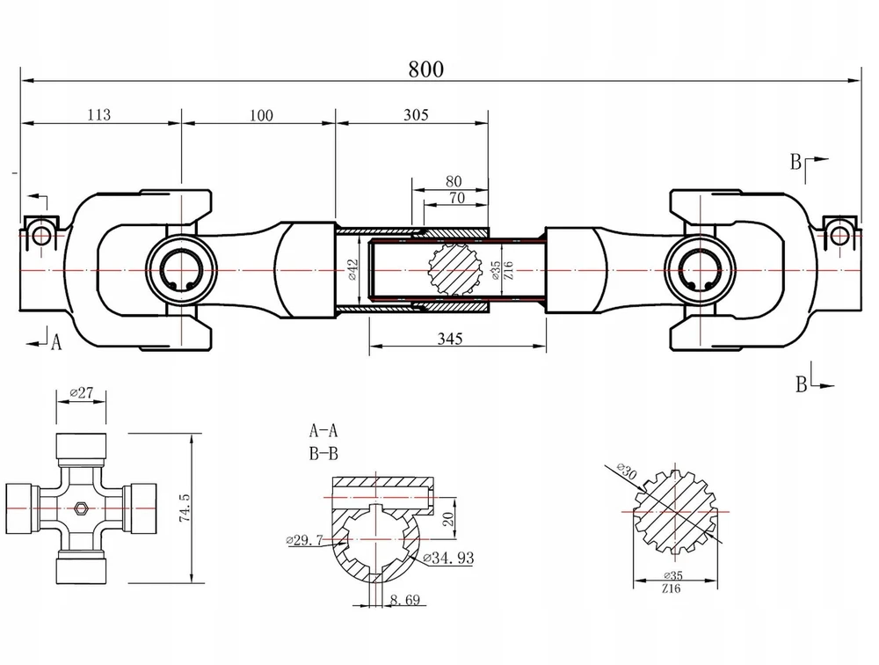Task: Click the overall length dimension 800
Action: click(425, 69)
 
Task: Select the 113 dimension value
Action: click(99, 114)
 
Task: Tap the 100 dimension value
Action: click(261, 115)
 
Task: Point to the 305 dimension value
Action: click(416, 114)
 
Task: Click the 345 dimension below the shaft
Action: click(449, 339)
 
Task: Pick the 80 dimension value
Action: click(454, 181)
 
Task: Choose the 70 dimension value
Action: click(457, 198)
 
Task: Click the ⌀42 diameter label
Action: click(352, 269)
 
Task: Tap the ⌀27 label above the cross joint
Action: click(82, 392)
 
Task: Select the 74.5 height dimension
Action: click(185, 508)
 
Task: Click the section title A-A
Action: click(323, 430)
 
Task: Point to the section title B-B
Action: click(323, 453)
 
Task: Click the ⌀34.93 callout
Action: click(448, 558)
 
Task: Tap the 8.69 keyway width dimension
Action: click(404, 600)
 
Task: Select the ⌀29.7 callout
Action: click(304, 540)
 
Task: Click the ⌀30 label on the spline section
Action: click(627, 471)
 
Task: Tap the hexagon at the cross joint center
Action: click(81, 508)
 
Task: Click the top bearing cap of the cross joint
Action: click(81, 446)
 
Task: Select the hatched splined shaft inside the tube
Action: click(455, 271)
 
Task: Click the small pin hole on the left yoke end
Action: click(41, 236)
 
